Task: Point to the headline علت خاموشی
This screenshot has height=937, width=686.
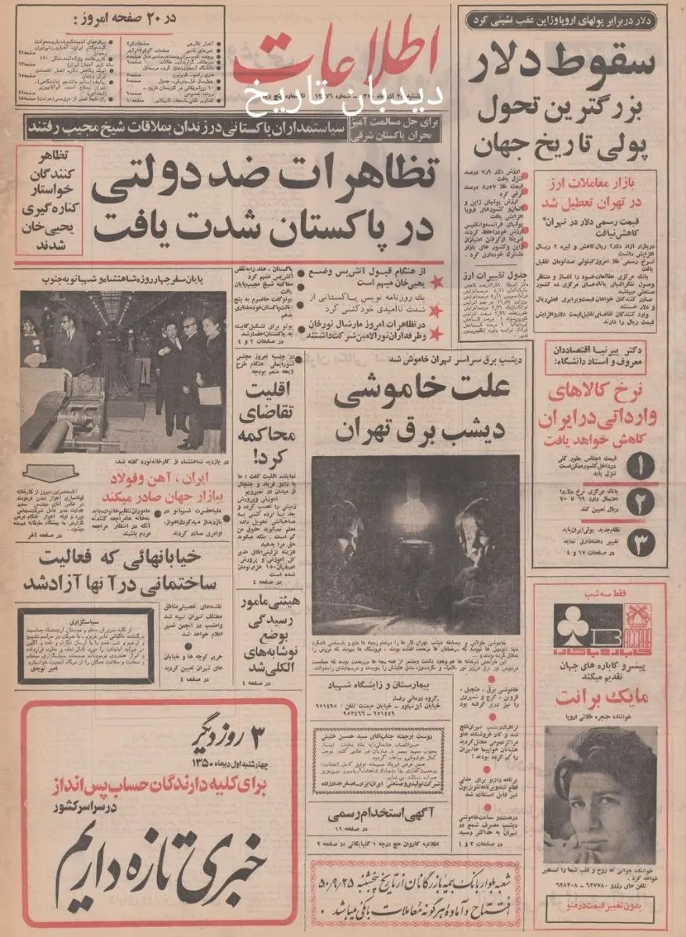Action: click(413, 397)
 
